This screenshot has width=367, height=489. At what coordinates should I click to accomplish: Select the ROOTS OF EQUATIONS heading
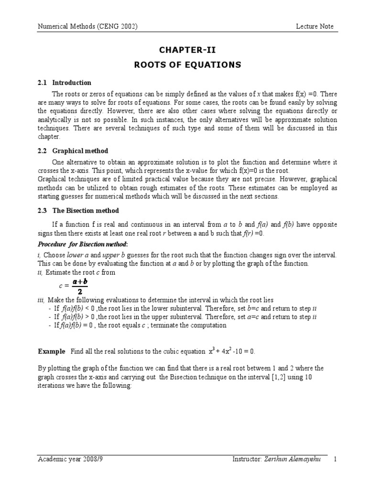[187, 64]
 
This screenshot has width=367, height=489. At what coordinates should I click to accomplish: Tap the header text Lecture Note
[314, 27]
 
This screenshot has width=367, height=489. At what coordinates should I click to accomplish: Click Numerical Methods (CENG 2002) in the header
[88, 27]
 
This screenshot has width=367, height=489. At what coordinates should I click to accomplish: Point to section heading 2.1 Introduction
[65, 83]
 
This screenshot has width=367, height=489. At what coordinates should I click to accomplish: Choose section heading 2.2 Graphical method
[73, 151]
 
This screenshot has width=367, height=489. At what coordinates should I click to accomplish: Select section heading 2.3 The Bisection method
[78, 211]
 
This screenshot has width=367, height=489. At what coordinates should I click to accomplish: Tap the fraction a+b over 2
[80, 287]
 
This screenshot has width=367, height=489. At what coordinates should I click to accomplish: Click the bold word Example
[52, 351]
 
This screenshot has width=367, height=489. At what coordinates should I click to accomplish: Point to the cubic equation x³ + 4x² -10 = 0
[232, 351]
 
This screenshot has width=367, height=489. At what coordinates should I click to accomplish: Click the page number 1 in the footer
[335, 459]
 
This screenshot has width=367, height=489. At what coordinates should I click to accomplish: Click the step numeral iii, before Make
[41, 300]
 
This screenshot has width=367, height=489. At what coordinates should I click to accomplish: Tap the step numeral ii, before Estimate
[40, 273]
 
